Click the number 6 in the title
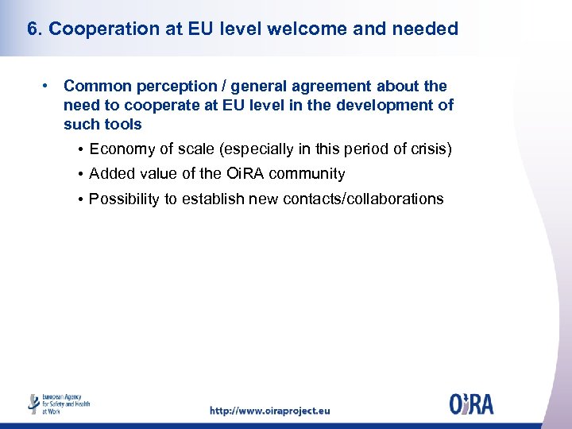(32, 29)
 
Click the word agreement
(333, 86)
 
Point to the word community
(306, 174)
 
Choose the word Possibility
(125, 199)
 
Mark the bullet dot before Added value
(82, 174)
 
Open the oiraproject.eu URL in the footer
(269, 411)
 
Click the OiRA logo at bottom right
(470, 403)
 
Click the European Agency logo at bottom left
(60, 403)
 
